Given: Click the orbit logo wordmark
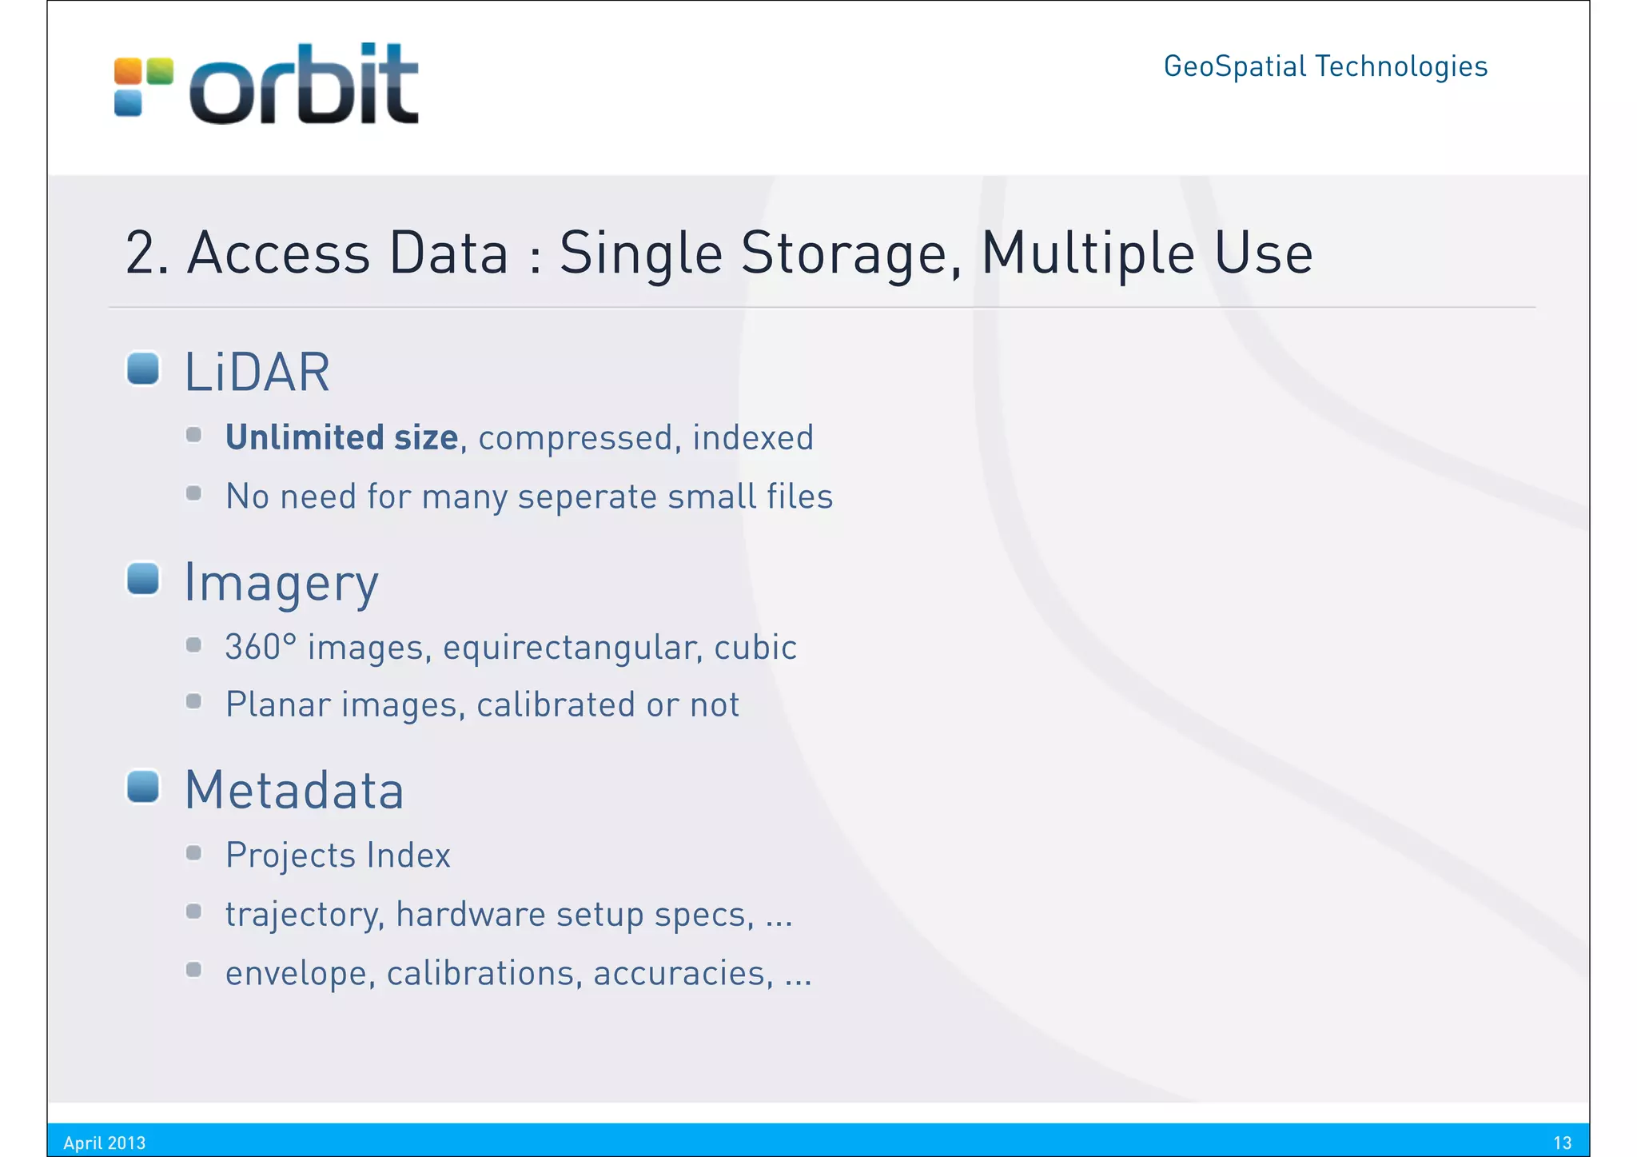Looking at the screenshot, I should coord(304,85).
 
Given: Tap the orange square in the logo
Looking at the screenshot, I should coord(128,71).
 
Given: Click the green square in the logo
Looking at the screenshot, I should coord(160,71).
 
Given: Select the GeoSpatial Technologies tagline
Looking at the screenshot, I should coord(1325,66).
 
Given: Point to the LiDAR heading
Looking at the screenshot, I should coord(257,373).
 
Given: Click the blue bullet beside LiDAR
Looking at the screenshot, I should coord(144,369).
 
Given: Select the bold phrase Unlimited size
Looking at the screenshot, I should coord(341,438).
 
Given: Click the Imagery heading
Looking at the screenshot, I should coord(281,584).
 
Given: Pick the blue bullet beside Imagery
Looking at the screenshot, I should coord(144,579).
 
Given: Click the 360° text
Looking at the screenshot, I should coord(261,647).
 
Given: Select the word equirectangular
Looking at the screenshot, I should coord(573,648).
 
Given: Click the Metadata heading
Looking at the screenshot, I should coord(294,791).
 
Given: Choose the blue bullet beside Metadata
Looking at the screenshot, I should coord(144,787).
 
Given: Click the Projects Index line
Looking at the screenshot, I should coord(338,856).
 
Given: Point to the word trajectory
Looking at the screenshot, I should coord(305,915).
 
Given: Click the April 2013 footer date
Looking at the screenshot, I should coord(105,1143).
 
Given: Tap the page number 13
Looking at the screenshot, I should coord(1563,1143).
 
